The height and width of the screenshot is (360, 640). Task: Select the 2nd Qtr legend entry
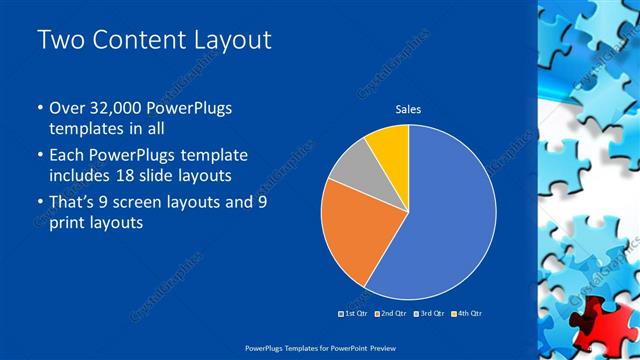click(x=391, y=313)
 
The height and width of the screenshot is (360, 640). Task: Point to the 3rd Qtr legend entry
click(x=429, y=313)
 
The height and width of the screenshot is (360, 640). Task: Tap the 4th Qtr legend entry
click(x=466, y=313)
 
